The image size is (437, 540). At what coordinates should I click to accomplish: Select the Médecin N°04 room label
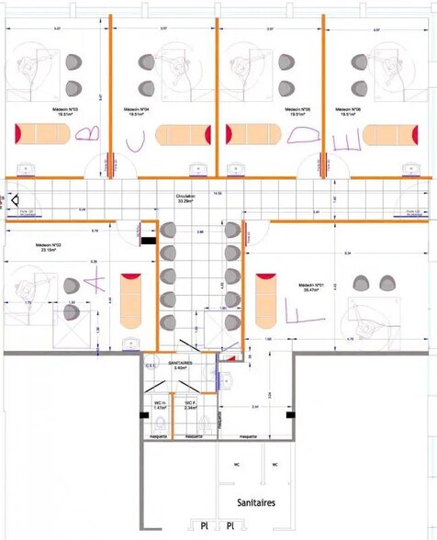click(x=137, y=111)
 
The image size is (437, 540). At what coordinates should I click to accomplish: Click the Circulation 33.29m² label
click(x=190, y=199)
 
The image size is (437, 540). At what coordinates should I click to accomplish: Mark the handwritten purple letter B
click(x=85, y=134)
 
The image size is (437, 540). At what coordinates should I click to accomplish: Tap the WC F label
click(x=190, y=404)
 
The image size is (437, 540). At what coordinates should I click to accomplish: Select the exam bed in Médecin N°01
click(x=266, y=298)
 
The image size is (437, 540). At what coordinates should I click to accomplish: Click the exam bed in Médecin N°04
click(x=184, y=135)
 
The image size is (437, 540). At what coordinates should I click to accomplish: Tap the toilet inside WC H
click(x=161, y=423)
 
